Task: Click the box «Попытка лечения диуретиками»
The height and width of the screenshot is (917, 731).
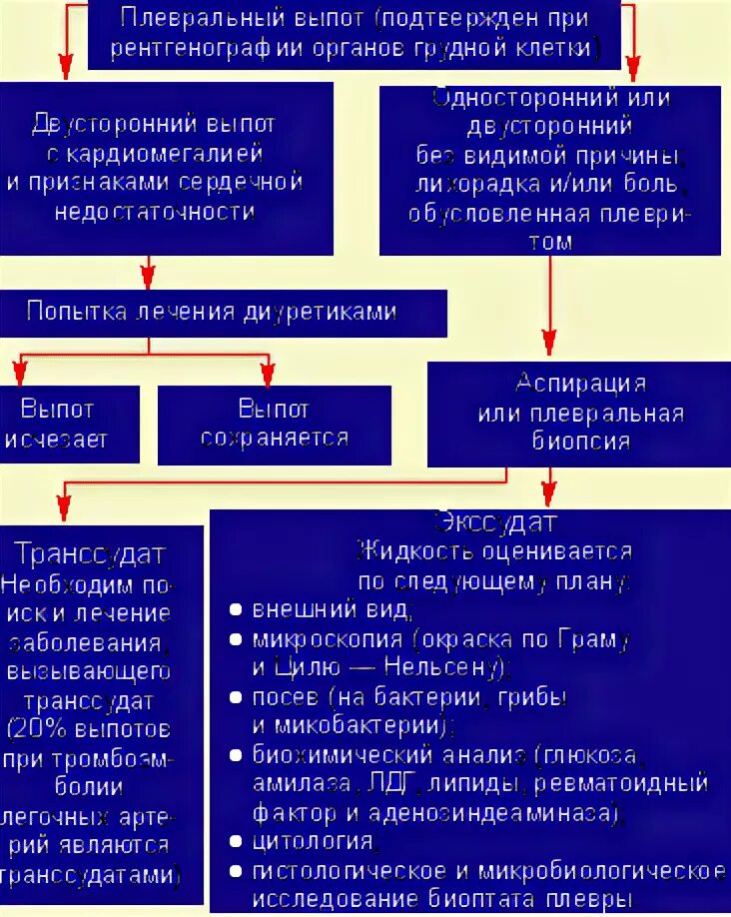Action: click(222, 312)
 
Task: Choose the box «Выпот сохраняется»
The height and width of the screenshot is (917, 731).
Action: click(274, 424)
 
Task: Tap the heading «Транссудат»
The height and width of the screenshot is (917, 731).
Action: click(90, 554)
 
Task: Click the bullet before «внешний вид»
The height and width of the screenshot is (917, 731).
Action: click(235, 609)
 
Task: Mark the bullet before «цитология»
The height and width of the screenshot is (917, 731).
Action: click(235, 842)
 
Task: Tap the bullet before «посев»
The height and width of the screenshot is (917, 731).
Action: click(235, 696)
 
